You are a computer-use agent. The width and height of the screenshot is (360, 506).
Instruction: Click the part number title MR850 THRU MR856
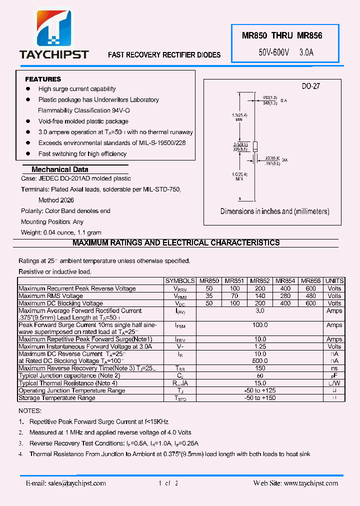[282, 36]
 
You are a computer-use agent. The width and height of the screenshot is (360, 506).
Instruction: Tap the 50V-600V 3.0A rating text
[285, 52]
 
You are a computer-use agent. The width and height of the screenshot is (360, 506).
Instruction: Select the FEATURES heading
[43, 79]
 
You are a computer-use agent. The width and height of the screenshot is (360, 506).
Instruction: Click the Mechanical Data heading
[59, 169]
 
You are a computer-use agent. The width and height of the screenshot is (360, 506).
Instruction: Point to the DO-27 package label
[310, 86]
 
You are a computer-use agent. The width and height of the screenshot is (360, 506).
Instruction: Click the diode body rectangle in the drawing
[254, 146]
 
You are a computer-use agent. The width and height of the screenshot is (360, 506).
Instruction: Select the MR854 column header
[285, 281]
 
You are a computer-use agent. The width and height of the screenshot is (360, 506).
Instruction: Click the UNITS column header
[334, 281]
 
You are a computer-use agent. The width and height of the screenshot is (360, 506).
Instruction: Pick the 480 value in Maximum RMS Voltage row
[310, 296]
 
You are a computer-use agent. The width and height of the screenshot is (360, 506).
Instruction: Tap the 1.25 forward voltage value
[260, 346]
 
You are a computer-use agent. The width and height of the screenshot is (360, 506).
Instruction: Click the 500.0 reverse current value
[260, 361]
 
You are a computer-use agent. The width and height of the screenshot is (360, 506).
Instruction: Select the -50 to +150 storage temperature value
[260, 398]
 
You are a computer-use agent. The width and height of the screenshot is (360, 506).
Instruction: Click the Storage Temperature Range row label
[56, 398]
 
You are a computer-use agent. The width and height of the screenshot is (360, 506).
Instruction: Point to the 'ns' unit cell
[334, 368]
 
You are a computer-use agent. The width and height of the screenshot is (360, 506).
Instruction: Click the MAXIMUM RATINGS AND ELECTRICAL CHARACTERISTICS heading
[176, 243]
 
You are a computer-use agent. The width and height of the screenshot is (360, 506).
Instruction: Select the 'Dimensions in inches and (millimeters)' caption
[275, 211]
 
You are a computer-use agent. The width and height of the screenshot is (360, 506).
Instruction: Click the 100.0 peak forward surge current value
[260, 325]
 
